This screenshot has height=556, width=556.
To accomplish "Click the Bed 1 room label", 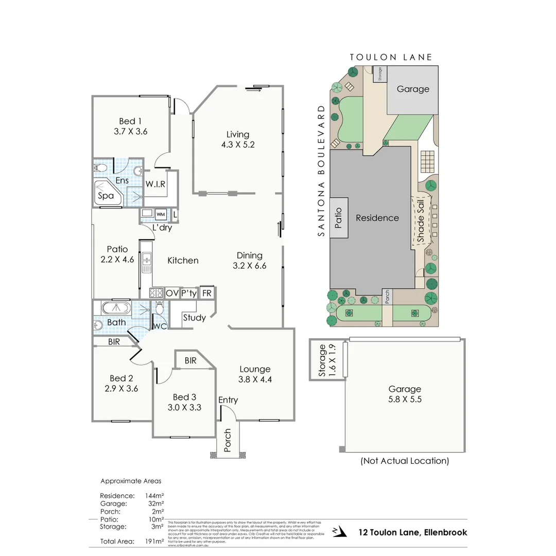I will tap(130, 121).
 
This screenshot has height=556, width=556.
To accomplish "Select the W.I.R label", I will tap(155, 184).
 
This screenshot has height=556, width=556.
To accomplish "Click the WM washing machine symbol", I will tap(161, 214).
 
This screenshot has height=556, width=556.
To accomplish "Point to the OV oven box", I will tap(172, 293).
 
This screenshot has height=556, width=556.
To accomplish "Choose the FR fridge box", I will tap(207, 293).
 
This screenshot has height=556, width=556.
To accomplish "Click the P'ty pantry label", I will tap(189, 293).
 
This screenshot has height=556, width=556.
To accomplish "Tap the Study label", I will tap(194, 318).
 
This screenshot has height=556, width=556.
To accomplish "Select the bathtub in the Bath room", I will tap(116, 308).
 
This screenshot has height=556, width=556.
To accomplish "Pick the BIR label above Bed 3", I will tap(190, 361).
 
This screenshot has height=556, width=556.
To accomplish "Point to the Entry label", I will tap(228, 400).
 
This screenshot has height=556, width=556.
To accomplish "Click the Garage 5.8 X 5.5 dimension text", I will tap(405, 399).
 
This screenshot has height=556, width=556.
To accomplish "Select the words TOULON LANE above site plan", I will tap(391, 57).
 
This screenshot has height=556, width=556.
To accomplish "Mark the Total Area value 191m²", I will tap(155, 541).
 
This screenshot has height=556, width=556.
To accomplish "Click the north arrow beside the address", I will tap(337, 531).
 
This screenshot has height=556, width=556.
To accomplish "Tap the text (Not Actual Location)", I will tap(405, 461).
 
